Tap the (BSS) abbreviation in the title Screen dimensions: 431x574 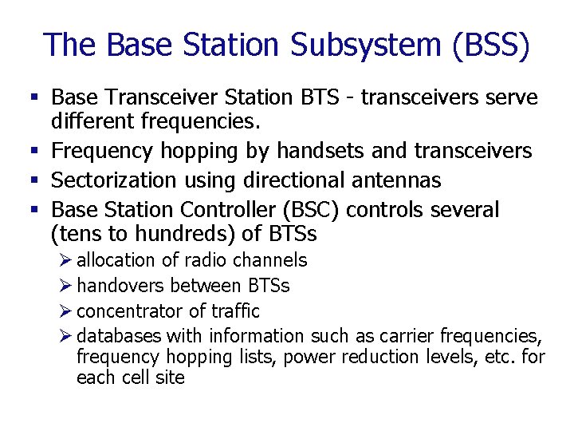point(489,45)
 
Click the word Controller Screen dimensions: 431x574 point(226,210)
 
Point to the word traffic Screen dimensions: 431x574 point(236,311)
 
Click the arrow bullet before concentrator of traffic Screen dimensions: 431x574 point(66,311)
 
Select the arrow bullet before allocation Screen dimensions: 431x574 point(66,260)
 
